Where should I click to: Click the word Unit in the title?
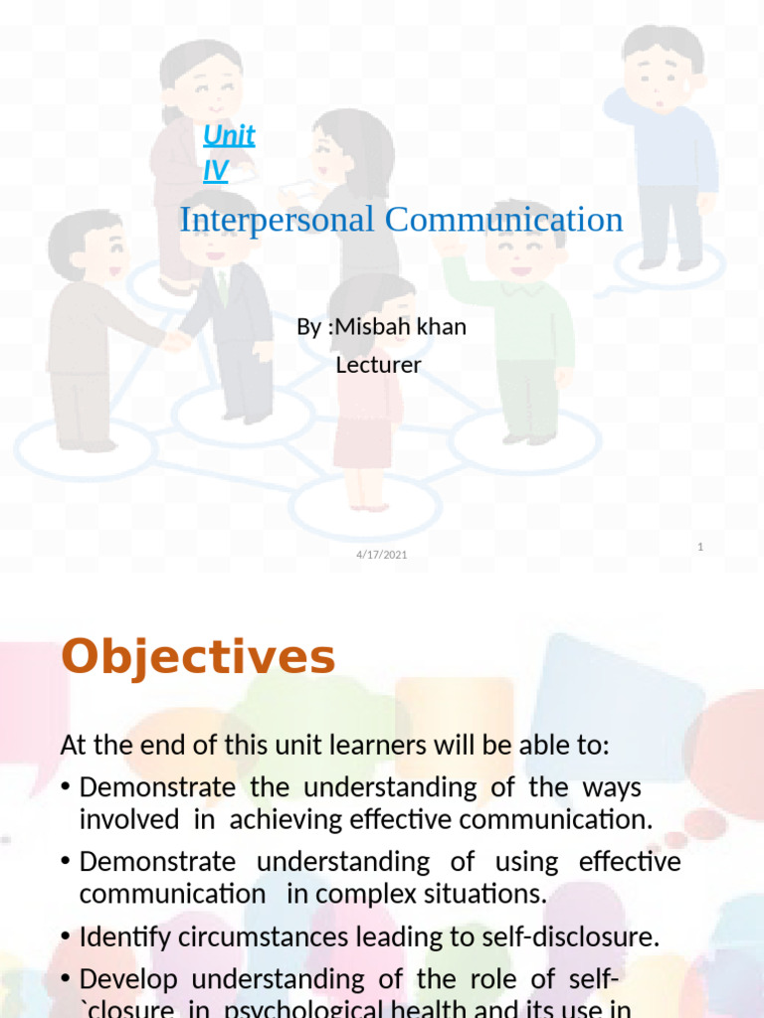click(229, 135)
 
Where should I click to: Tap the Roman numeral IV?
click(215, 171)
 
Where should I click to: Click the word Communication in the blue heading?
click(503, 220)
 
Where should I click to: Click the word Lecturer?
click(378, 365)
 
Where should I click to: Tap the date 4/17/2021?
click(382, 554)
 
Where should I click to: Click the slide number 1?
click(700, 547)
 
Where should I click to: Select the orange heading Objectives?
click(198, 657)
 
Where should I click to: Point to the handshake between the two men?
click(176, 340)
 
